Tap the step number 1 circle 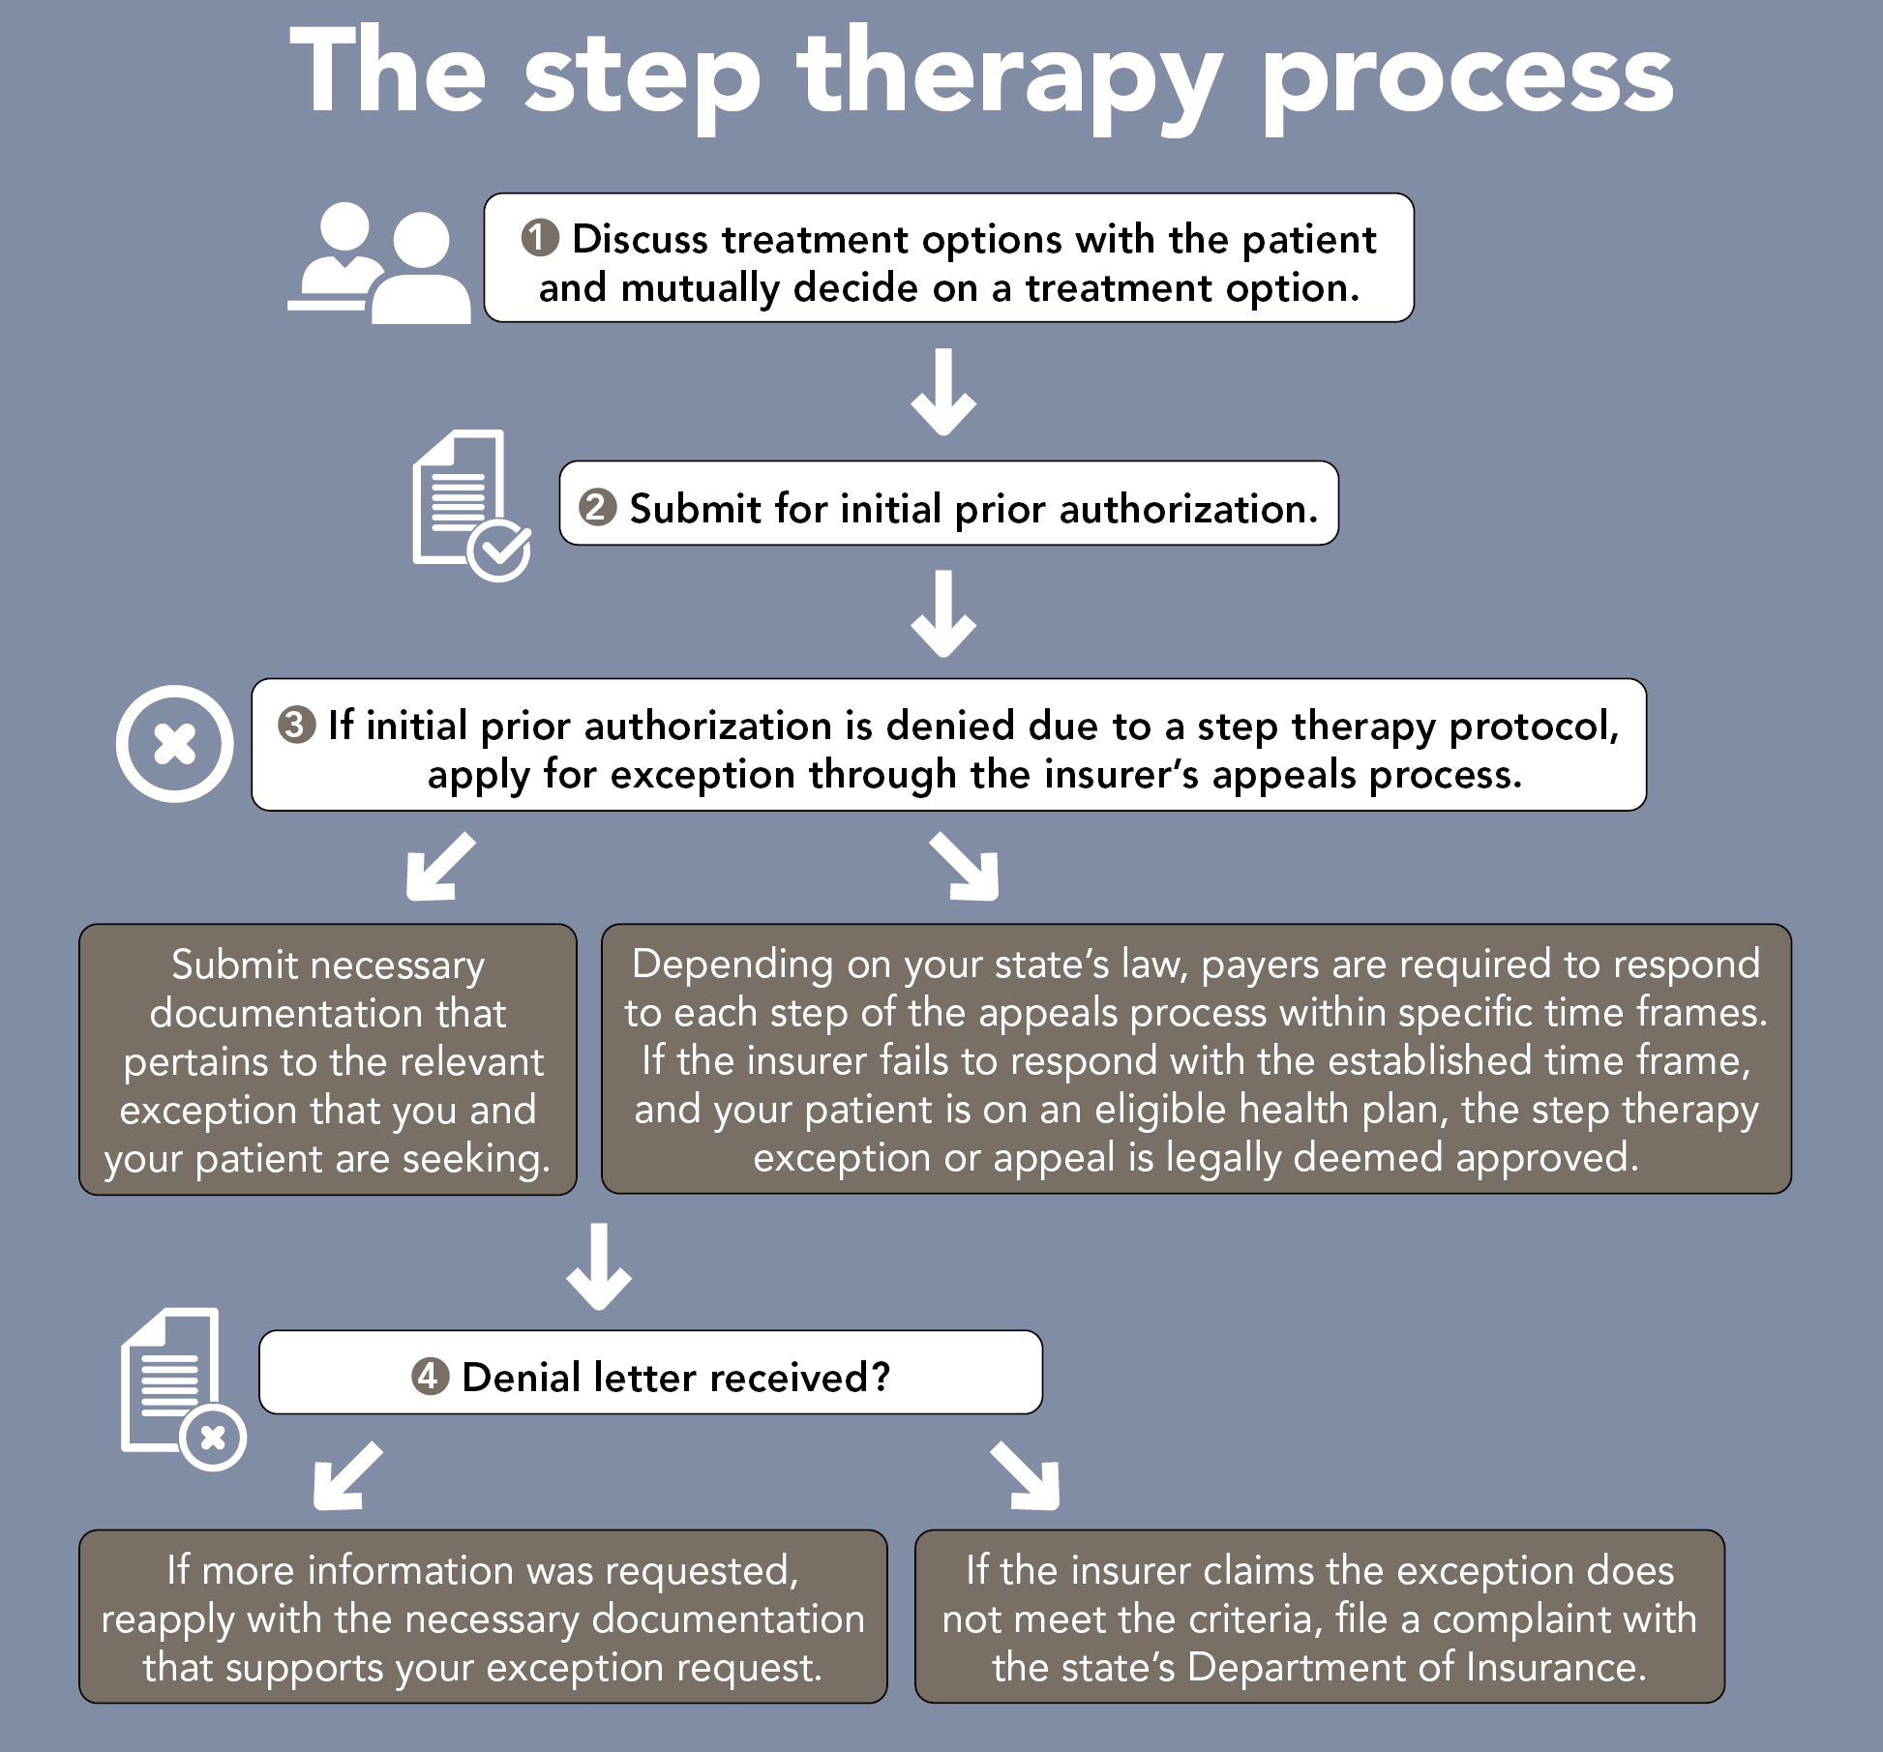(x=540, y=238)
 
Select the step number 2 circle (x=597, y=507)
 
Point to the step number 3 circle (x=296, y=725)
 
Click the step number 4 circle (x=430, y=1376)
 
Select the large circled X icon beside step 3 (x=175, y=744)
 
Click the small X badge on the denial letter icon (x=213, y=1438)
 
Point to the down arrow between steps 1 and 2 (x=943, y=393)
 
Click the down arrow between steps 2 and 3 (x=943, y=614)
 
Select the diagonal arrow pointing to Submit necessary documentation (x=439, y=867)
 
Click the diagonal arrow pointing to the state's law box (x=965, y=867)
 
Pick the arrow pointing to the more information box (x=346, y=1476)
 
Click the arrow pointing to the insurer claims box (x=1027, y=1476)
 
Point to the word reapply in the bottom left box (x=168, y=1619)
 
